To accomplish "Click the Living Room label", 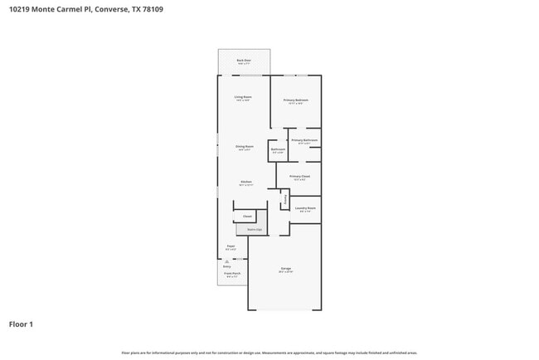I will click(243, 97).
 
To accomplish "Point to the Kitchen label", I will click(246, 182).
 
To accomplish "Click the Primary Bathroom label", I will click(304, 140).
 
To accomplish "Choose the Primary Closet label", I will click(299, 176).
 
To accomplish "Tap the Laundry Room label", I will click(305, 207).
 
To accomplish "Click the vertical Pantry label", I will click(286, 198).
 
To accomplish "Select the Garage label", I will click(285, 268).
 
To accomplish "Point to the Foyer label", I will click(231, 246).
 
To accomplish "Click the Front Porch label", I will click(232, 273).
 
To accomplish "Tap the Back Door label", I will click(244, 60).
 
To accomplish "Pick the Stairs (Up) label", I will click(254, 229).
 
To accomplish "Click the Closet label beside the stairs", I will click(247, 216).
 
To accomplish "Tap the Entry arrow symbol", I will click(226, 262).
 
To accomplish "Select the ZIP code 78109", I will click(153, 10).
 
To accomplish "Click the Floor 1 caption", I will click(21, 324).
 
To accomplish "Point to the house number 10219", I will click(19, 10).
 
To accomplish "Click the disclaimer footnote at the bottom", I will click(269, 353).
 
